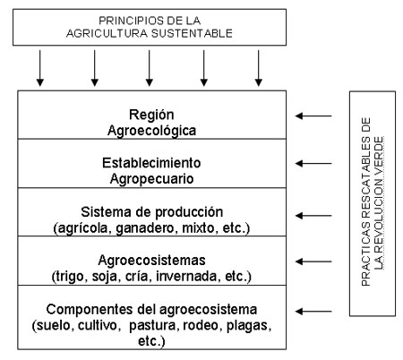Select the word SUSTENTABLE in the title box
(x=192, y=33)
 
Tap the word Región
(x=151, y=115)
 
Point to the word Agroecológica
(x=151, y=131)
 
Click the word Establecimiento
(x=151, y=163)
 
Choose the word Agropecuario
(x=151, y=179)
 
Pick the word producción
(x=189, y=212)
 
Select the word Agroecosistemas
(x=151, y=261)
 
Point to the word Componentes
(x=90, y=309)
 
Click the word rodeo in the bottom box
(x=201, y=325)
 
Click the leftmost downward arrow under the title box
(x=40, y=68)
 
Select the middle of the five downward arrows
(x=150, y=68)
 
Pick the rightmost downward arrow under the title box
(x=259, y=68)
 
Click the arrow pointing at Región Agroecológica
(x=313, y=116)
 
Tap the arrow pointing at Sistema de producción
(x=313, y=216)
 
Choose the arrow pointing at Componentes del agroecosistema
(x=313, y=312)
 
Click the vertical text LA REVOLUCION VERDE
(x=379, y=203)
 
